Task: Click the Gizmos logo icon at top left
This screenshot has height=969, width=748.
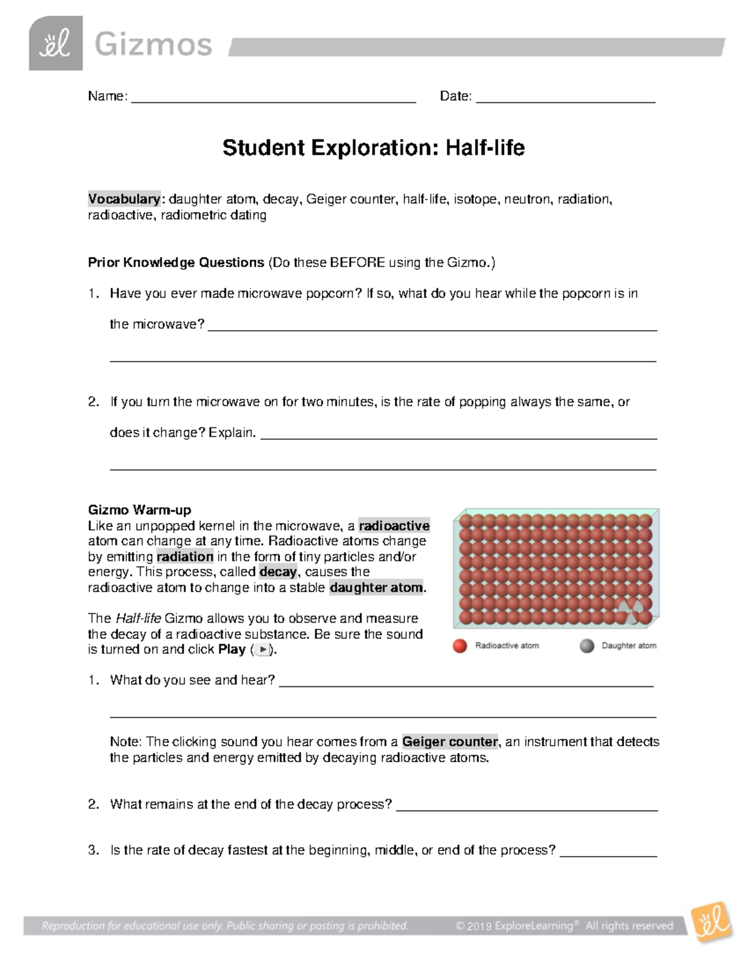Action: [55, 43]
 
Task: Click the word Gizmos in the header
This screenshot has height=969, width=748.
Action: [153, 45]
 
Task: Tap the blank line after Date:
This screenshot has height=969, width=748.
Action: [565, 99]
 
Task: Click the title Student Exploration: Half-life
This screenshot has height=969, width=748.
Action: [373, 148]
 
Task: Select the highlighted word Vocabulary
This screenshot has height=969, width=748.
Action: [124, 199]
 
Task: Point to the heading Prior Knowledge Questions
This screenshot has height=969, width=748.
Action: [176, 262]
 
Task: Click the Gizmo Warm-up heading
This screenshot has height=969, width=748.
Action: [140, 510]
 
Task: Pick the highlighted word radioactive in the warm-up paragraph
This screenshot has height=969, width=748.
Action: [394, 525]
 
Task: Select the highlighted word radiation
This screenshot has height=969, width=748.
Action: [185, 557]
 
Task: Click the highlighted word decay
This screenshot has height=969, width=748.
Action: [279, 572]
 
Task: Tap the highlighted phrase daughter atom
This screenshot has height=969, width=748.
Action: [376, 587]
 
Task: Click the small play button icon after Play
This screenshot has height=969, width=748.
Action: [263, 650]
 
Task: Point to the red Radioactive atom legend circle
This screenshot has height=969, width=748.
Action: [460, 646]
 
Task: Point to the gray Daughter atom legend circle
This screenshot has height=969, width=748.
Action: [587, 646]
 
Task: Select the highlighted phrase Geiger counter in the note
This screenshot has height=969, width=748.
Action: [450, 741]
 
